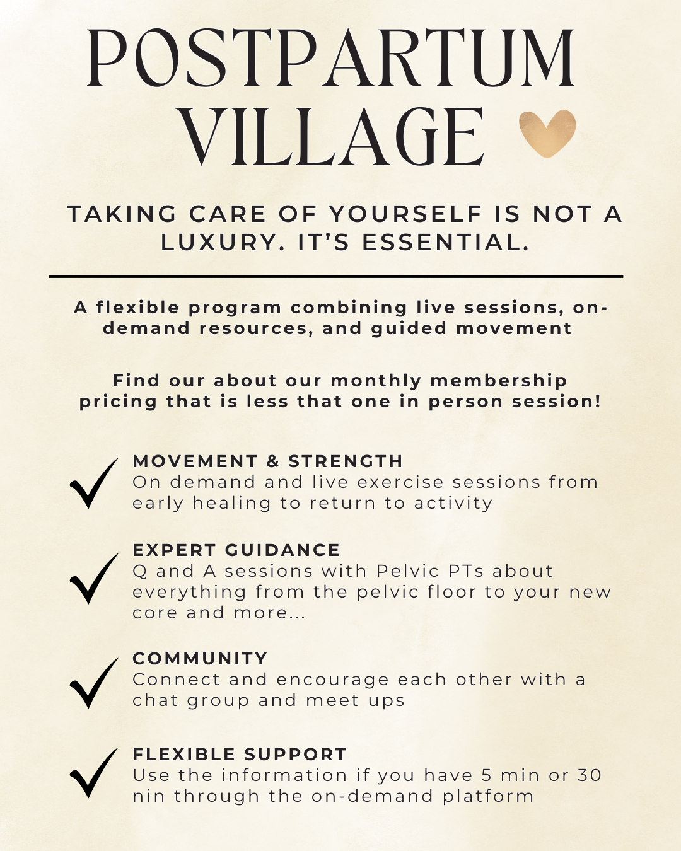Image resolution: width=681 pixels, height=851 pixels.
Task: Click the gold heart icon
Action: [x=547, y=133]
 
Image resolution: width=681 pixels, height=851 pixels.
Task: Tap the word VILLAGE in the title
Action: [x=334, y=137]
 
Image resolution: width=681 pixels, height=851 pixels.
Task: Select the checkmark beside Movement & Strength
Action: [x=93, y=483]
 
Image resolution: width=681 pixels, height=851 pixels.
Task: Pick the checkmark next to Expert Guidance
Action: [x=93, y=579]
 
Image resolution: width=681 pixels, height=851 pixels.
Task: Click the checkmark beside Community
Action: [x=93, y=683]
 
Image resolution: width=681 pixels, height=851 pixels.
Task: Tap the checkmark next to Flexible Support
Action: [x=93, y=773]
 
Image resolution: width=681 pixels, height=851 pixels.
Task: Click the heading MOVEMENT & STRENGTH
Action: [x=267, y=461]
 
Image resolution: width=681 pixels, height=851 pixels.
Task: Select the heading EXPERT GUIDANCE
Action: [x=236, y=550]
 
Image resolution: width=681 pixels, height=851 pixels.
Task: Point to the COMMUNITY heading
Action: [x=200, y=659]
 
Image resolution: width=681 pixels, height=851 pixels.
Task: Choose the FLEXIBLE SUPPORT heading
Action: [x=240, y=755]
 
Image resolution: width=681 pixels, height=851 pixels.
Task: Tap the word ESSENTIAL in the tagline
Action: [x=445, y=243]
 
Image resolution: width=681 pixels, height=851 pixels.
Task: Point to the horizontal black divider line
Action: [x=335, y=276]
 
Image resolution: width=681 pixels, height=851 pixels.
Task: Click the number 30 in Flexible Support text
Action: [x=590, y=775]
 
